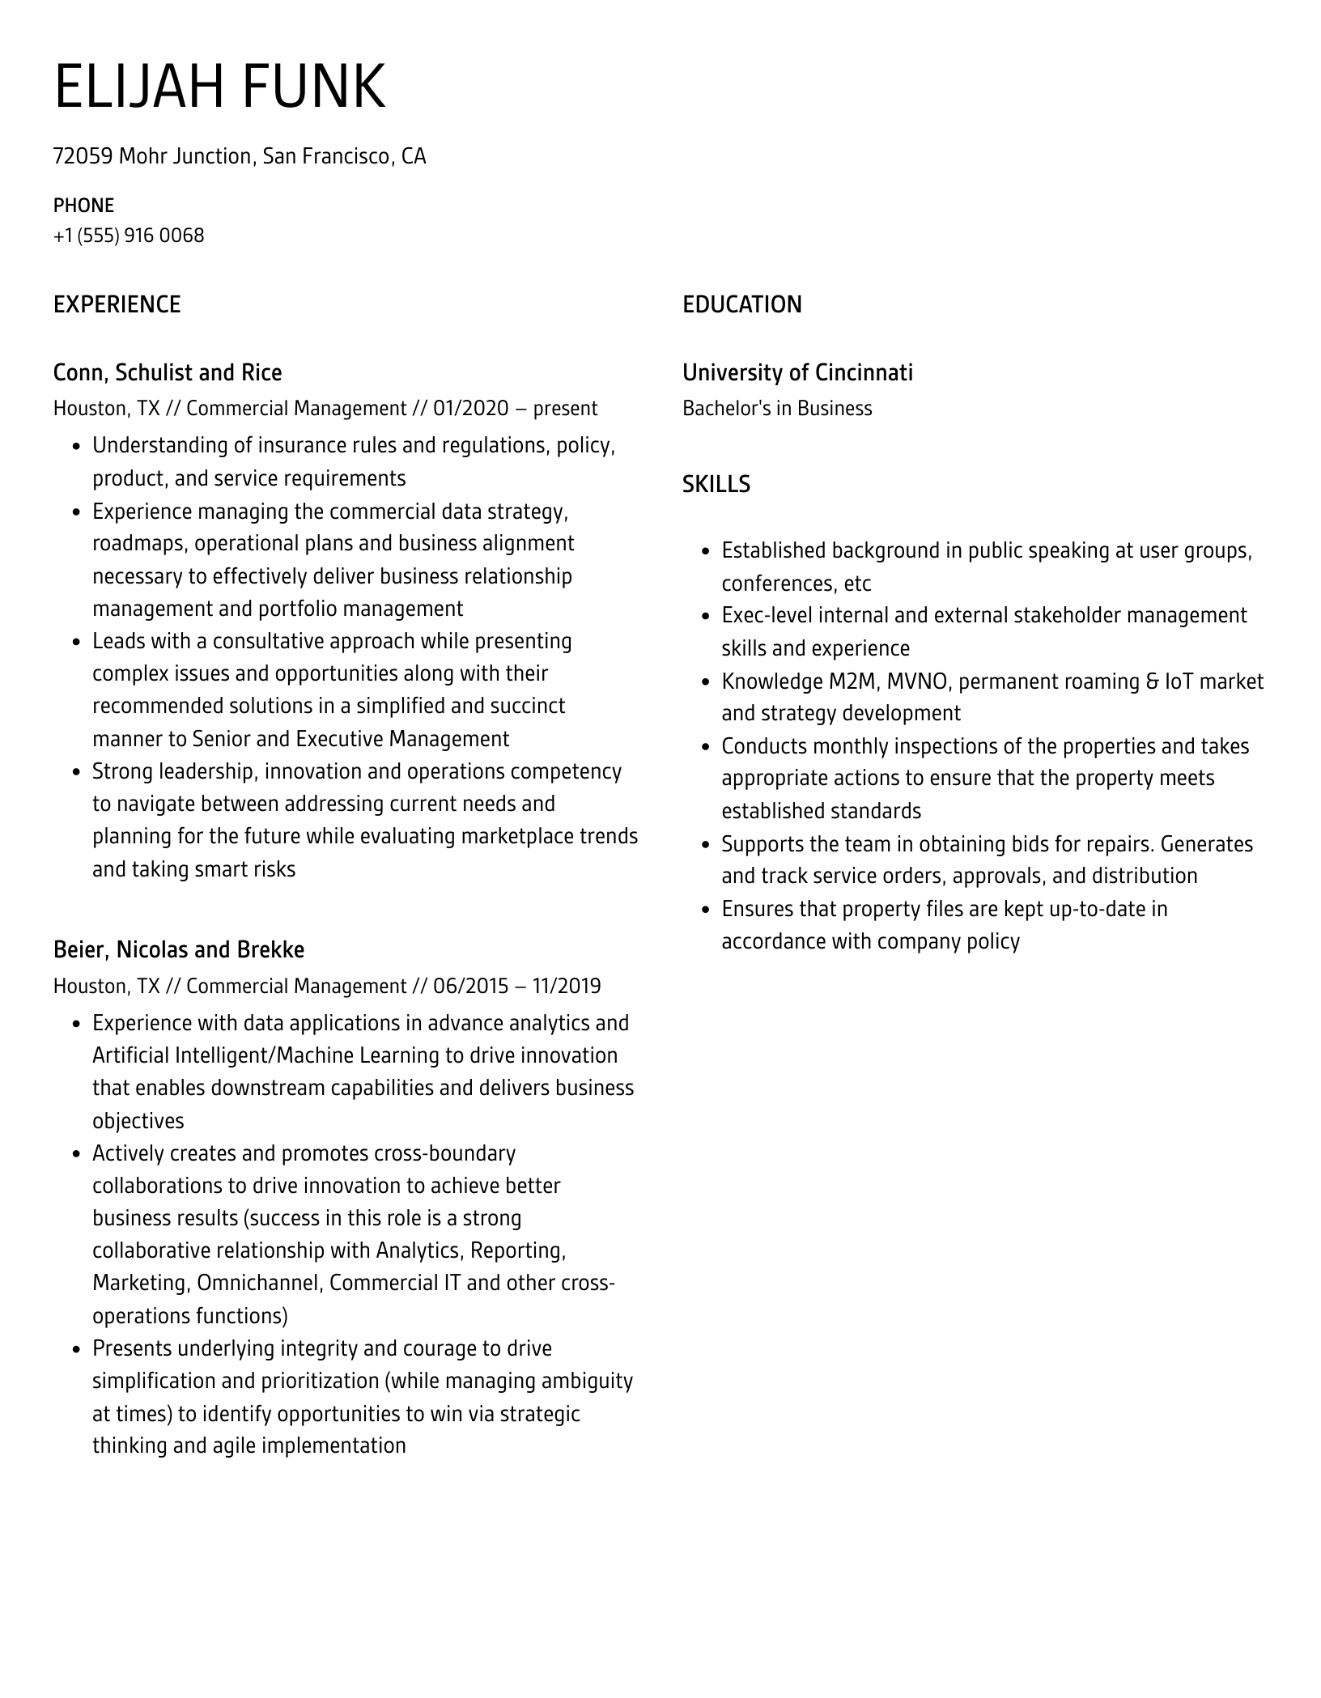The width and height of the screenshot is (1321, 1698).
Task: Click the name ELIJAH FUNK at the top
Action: coord(219,86)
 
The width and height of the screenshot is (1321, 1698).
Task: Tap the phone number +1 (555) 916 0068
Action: coord(129,236)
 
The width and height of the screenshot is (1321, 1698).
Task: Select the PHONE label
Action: coord(83,205)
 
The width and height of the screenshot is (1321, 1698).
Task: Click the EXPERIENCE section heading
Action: coord(117,304)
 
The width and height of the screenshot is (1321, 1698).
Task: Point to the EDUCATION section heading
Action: coord(741,304)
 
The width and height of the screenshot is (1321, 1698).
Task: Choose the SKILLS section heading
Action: coord(716,484)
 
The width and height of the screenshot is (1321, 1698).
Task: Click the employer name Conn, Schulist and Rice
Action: coord(168,372)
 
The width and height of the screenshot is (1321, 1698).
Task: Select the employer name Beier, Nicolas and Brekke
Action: coord(179,949)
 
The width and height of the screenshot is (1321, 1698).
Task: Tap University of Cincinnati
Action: coord(797,372)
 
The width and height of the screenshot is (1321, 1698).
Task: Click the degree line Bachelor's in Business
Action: coord(777,408)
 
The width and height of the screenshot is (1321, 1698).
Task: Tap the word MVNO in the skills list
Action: coord(916,681)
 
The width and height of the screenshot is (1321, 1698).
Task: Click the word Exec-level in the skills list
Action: coord(767,615)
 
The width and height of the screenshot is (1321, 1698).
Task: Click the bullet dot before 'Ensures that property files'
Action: coord(704,910)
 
